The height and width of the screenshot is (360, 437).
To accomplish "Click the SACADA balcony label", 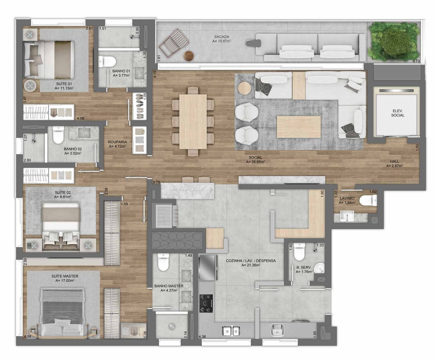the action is coord(221,37).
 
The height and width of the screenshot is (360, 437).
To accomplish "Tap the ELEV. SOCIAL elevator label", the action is coord(397,113).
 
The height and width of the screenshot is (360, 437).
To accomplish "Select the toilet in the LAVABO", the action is coord(368,200).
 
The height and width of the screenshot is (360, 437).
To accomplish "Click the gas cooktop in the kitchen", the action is coord(206,303).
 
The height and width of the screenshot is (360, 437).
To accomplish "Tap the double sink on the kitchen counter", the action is coord(231,331).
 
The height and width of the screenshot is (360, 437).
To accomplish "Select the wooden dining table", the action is coord(193,122).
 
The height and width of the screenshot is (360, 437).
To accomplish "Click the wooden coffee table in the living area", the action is coord(299,127).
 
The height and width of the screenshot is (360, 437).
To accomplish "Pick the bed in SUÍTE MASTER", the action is coord(62,312).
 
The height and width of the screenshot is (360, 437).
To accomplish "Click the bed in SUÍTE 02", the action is coord(61,226).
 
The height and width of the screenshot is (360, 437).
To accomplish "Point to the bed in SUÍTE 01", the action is coord(49,60).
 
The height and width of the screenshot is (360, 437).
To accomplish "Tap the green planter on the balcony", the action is coord(393,41).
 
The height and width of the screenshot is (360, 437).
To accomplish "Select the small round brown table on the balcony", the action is coord(189,56).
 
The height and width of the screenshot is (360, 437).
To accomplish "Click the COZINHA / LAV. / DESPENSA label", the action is coord(251,261).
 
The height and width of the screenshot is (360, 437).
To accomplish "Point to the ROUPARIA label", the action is coord(117,142).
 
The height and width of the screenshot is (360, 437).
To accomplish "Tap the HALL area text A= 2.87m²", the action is coord(395,166).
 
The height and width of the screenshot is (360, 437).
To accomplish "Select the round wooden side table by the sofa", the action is coord(245,88).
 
